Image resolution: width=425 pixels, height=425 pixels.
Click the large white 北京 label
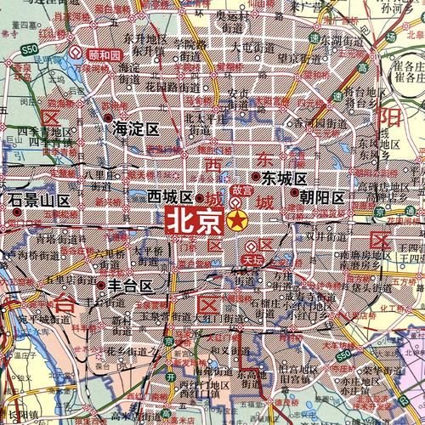coord(194,221)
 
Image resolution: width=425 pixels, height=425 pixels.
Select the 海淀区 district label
coord(137,129)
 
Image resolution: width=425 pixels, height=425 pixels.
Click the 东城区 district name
coord(282,178)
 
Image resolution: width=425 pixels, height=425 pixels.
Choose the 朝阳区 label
coord(320,197)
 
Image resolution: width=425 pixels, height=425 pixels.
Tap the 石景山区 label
coord(39,201)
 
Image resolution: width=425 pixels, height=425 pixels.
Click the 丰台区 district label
coord(128,286)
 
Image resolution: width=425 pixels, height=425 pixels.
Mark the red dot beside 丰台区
coord(101,285)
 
